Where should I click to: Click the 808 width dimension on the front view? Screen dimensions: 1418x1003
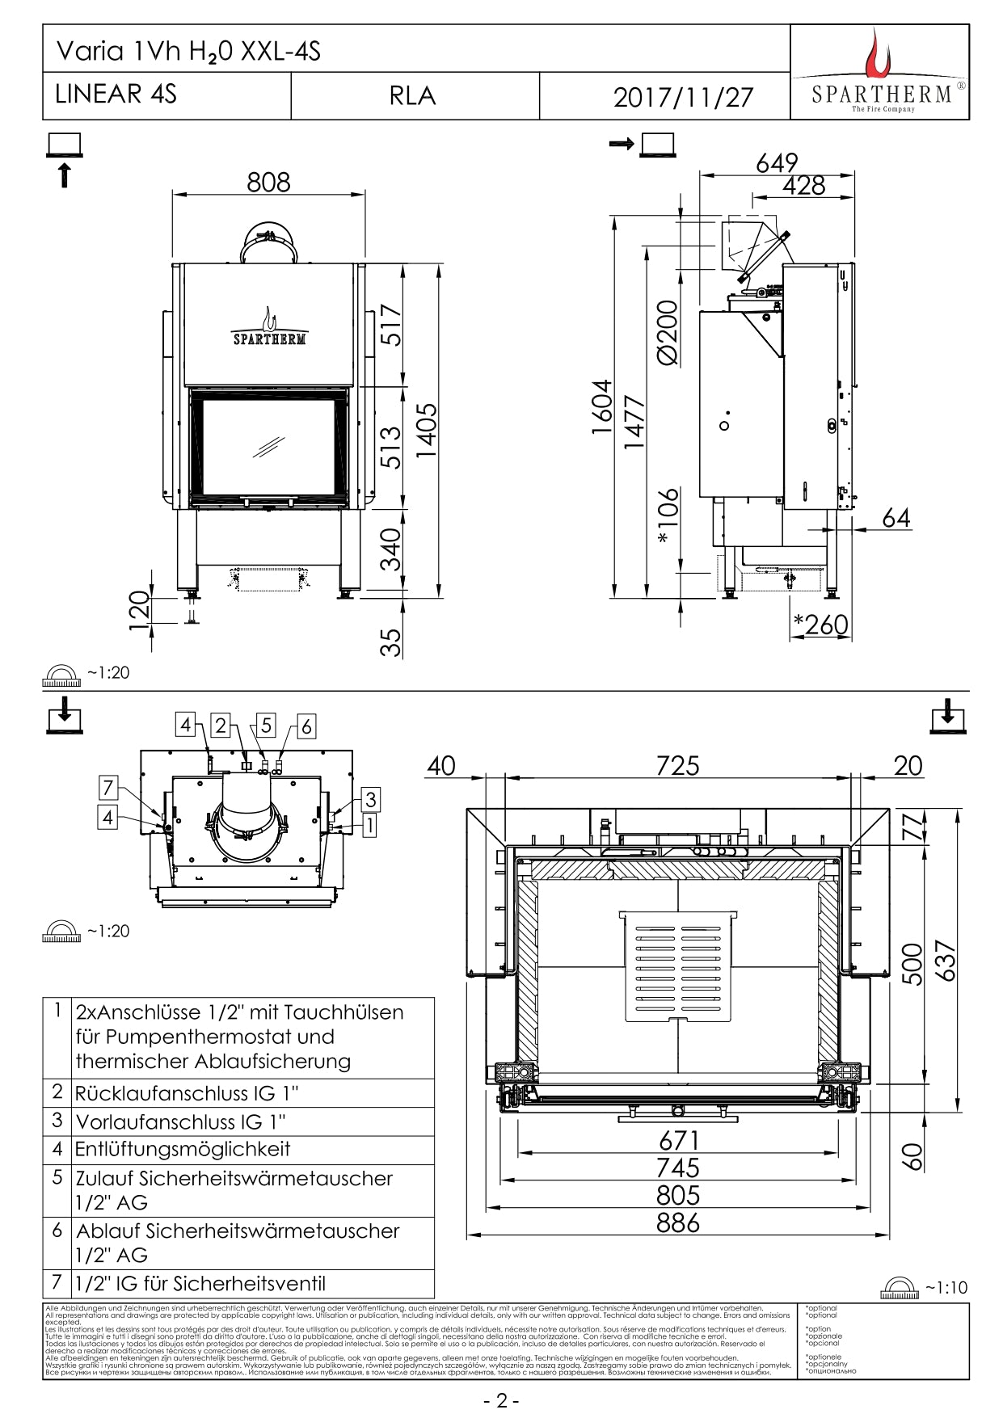click(x=268, y=183)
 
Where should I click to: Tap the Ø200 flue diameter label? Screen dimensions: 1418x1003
click(x=668, y=332)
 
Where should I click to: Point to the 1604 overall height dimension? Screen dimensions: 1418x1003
click(x=602, y=407)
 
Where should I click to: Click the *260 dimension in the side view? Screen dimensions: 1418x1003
click(x=821, y=624)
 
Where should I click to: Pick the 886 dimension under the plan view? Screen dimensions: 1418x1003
click(x=678, y=1222)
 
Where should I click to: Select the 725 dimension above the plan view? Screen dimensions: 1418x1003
click(x=677, y=765)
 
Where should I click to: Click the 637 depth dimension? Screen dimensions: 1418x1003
click(x=944, y=961)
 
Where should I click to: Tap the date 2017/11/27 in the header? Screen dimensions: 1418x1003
click(x=683, y=98)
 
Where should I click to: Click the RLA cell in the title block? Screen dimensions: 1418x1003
click(x=412, y=96)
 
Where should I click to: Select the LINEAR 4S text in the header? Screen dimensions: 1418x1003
click(x=116, y=94)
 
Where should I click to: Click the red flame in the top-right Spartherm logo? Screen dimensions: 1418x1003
click(x=877, y=54)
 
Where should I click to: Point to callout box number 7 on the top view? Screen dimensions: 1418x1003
click(x=108, y=786)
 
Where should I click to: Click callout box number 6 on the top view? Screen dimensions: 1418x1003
click(x=306, y=726)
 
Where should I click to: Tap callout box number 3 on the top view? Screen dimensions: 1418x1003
click(x=370, y=800)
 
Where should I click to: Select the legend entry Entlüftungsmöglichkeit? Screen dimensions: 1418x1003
click(x=183, y=1149)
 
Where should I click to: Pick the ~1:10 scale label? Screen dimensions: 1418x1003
click(x=946, y=1287)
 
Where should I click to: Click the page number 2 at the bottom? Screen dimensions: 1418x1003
click(x=501, y=1400)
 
